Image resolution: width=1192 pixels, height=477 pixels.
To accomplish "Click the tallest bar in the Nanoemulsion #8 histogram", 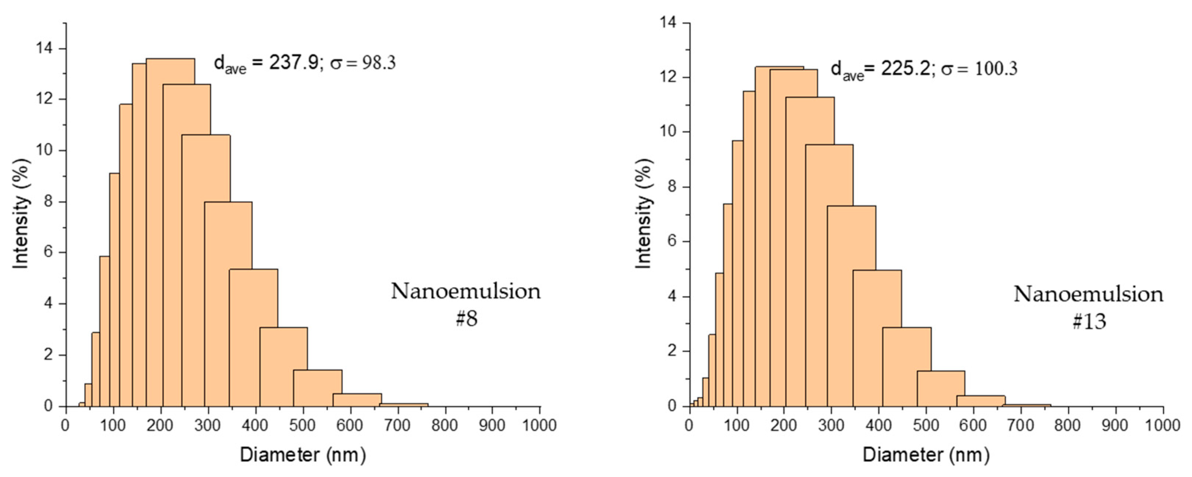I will [x=170, y=232].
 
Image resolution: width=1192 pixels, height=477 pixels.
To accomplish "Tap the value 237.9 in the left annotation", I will [x=294, y=63].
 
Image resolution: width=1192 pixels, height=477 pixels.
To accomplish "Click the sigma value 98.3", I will [x=378, y=63].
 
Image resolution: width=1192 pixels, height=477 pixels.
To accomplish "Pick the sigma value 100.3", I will [x=996, y=69].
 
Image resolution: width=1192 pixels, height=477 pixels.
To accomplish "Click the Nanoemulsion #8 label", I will [x=466, y=304].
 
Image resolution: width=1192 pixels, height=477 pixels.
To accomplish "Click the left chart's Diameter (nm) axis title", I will [x=303, y=455].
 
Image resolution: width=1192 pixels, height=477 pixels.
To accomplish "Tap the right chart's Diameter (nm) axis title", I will [x=926, y=455].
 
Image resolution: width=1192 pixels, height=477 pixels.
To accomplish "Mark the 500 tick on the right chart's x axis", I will [x=926, y=425].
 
